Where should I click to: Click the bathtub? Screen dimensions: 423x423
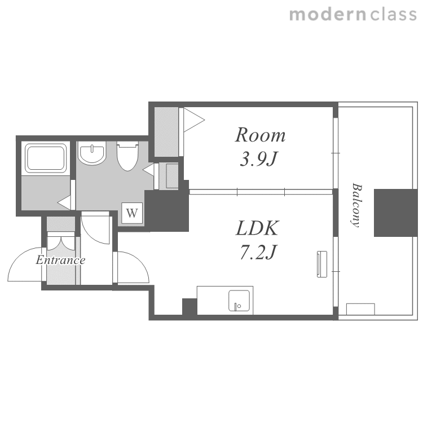pos(46,158)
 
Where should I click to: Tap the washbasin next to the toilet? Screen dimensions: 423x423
pos(92,153)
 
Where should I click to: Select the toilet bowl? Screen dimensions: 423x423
pos(127,157)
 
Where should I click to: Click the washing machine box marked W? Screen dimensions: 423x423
pos(132,213)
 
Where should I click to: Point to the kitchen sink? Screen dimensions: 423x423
pos(239,301)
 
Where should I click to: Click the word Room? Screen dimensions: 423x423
pos(260,135)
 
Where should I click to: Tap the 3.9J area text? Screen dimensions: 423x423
pos(258,159)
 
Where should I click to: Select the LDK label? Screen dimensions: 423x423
pos(257,228)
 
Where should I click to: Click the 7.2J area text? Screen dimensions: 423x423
pos(258,253)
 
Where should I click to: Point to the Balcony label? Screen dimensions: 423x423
pos(357,205)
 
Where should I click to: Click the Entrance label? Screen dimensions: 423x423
pos(61,260)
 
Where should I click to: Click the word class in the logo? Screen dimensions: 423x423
pos(394,15)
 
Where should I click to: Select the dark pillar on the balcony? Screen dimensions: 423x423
pos(396,213)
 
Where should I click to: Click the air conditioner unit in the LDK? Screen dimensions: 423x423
pos(322,264)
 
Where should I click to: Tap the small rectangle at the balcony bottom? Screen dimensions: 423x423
pos(360,309)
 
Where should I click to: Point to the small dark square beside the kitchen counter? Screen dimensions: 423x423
pos(190,306)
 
